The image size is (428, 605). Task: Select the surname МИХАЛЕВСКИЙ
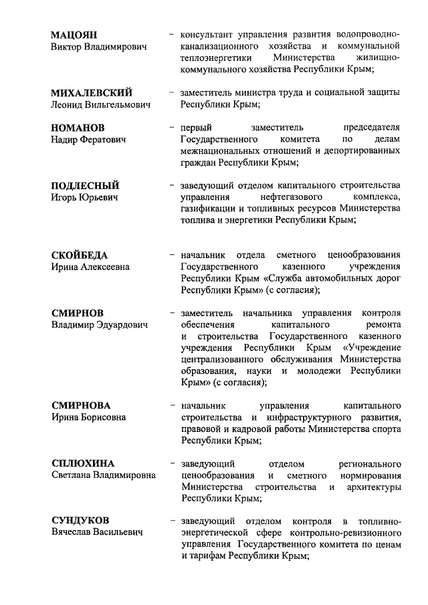point(92,92)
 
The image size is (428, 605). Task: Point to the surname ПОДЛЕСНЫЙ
point(86,185)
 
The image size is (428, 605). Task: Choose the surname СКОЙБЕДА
point(80,255)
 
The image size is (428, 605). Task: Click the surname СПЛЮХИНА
point(84,463)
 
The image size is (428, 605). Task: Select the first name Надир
point(65,139)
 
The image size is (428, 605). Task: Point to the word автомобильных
point(317,278)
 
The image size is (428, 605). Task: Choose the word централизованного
point(223,360)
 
